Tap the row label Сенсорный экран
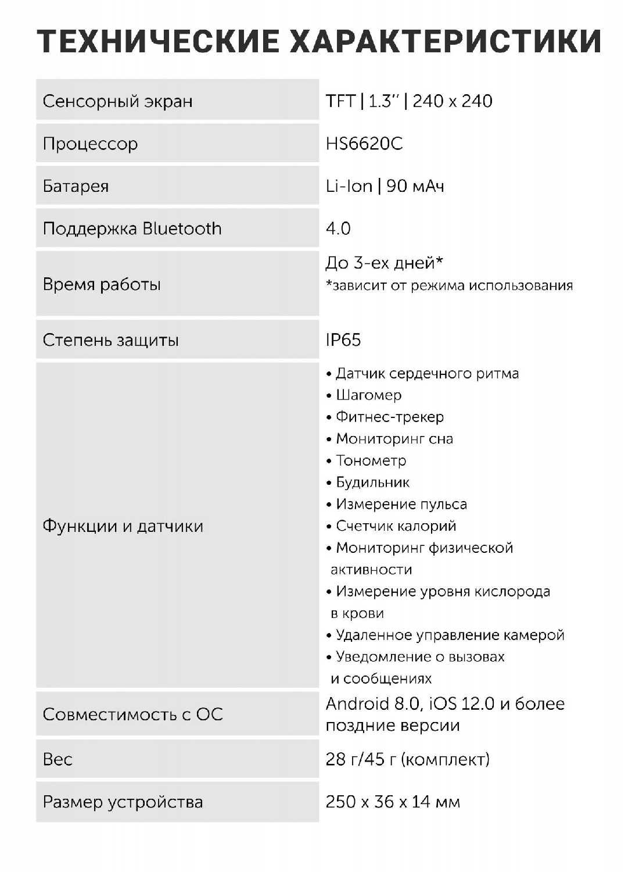(117, 101)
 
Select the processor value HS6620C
(364, 144)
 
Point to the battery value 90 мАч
(415, 186)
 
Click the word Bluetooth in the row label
(182, 228)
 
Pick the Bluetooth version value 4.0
(338, 228)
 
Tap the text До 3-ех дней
(383, 263)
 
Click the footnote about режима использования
(449, 285)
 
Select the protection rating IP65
(343, 339)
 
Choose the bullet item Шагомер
(368, 395)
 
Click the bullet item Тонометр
(371, 460)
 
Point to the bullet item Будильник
(372, 483)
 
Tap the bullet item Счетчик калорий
(396, 526)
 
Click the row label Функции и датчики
(123, 526)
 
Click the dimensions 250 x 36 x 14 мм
(393, 802)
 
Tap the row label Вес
(58, 759)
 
